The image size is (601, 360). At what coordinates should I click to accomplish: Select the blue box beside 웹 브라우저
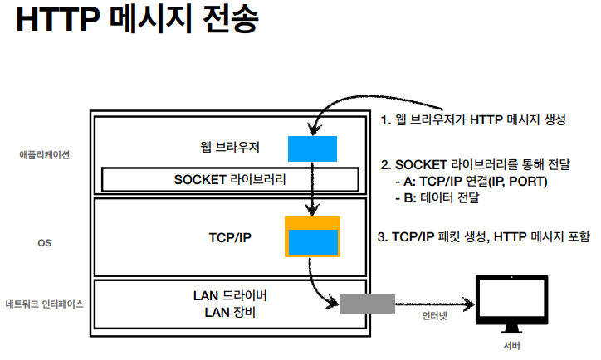click(x=312, y=148)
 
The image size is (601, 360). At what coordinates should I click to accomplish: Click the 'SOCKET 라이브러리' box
click(x=230, y=179)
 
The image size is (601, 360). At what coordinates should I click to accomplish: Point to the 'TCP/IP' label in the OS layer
click(x=230, y=237)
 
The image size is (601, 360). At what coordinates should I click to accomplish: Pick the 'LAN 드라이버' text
click(x=230, y=296)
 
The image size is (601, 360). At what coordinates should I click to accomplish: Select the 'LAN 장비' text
click(x=230, y=313)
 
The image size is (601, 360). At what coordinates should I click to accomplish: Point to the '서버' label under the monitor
click(x=511, y=345)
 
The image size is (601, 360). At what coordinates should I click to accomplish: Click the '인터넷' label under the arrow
click(x=434, y=317)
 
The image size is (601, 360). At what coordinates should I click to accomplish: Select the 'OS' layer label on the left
click(x=45, y=244)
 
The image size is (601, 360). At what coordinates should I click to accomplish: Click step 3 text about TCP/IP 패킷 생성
click(x=484, y=237)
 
